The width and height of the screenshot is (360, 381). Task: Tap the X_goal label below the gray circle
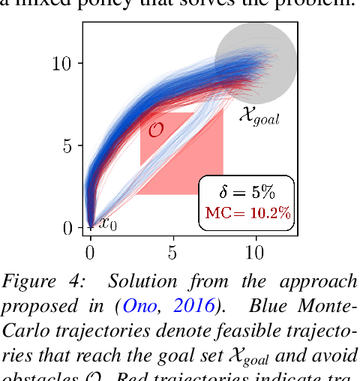coord(258,116)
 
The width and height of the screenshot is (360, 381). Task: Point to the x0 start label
coord(107,223)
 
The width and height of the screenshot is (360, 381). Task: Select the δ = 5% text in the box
coord(247,191)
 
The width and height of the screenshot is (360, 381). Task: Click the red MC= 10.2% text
coord(247,213)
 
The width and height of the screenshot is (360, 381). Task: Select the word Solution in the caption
coord(142,281)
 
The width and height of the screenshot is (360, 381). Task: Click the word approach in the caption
coord(322,283)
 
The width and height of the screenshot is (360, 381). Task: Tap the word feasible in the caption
coord(232,328)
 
